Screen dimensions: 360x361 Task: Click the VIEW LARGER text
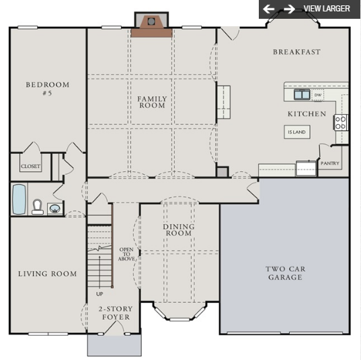pyautogui.click(x=327, y=9)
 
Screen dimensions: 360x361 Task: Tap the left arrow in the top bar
pyautogui.click(x=269, y=9)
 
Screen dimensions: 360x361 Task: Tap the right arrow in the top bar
pyautogui.click(x=289, y=9)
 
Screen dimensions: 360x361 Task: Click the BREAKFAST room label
pyautogui.click(x=296, y=52)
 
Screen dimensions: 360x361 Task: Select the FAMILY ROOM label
pyautogui.click(x=152, y=102)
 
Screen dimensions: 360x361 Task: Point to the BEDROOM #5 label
pyautogui.click(x=47, y=89)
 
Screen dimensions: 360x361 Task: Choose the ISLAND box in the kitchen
pyautogui.click(x=296, y=132)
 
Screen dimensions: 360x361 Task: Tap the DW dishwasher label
pyautogui.click(x=317, y=95)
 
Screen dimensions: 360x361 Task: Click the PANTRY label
pyautogui.click(x=329, y=163)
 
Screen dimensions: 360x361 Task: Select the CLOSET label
pyautogui.click(x=30, y=166)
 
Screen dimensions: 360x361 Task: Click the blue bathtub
pyautogui.click(x=19, y=199)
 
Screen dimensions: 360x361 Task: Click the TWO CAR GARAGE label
pyautogui.click(x=285, y=273)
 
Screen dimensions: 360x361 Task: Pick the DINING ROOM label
pyautogui.click(x=178, y=230)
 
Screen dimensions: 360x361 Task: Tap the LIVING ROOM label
pyautogui.click(x=47, y=274)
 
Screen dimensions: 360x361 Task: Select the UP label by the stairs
pyautogui.click(x=99, y=294)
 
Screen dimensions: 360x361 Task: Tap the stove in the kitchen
pyautogui.click(x=341, y=122)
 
